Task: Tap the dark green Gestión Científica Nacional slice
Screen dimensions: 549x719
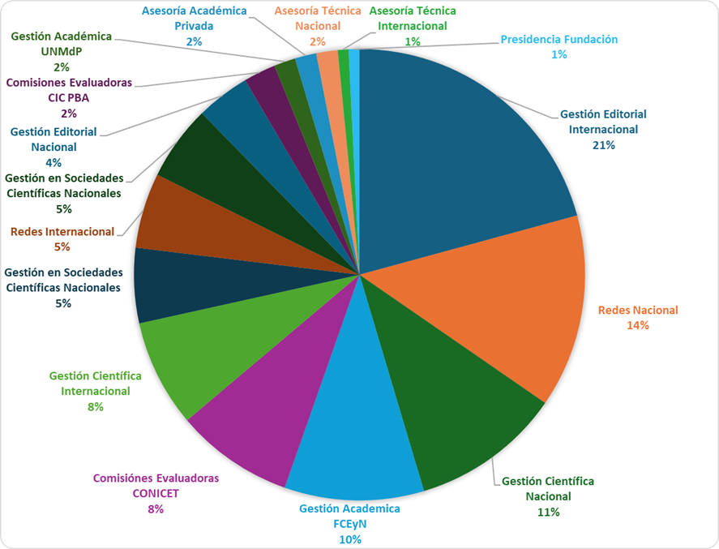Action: (454, 422)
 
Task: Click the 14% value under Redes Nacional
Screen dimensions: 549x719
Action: (637, 325)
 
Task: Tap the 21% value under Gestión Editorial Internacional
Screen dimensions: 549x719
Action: (603, 145)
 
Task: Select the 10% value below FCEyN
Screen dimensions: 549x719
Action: (350, 539)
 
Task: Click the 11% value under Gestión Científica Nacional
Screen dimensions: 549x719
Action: (548, 512)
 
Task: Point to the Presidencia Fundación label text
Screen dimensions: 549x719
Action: (559, 39)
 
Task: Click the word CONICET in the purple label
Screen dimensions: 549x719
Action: (156, 493)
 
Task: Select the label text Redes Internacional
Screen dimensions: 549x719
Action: (62, 232)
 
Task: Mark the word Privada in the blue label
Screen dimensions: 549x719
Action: (194, 25)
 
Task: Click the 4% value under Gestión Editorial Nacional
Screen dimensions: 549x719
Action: (53, 162)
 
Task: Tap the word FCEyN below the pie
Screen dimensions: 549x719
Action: (349, 524)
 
